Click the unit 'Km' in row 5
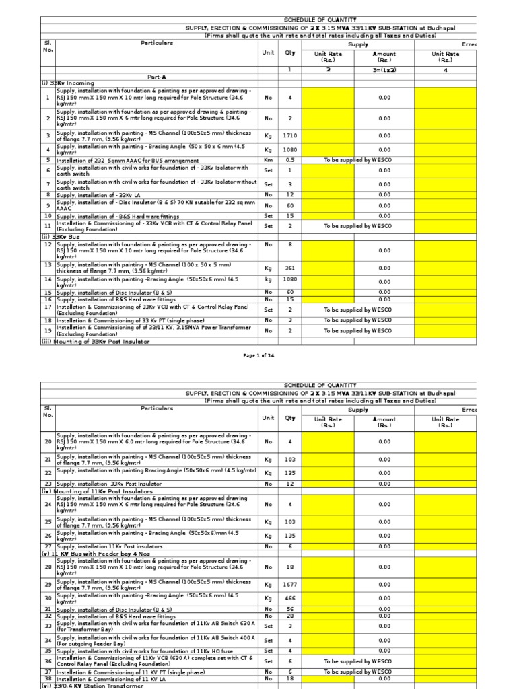(x=268, y=160)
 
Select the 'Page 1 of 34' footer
(x=258, y=355)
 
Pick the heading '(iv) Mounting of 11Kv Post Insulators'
(x=95, y=491)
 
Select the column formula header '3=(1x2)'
(x=384, y=69)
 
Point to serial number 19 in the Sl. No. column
(x=48, y=331)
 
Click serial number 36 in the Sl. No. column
(x=48, y=661)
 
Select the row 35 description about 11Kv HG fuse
(x=138, y=651)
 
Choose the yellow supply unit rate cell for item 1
(x=327, y=98)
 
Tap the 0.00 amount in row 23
(x=384, y=484)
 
